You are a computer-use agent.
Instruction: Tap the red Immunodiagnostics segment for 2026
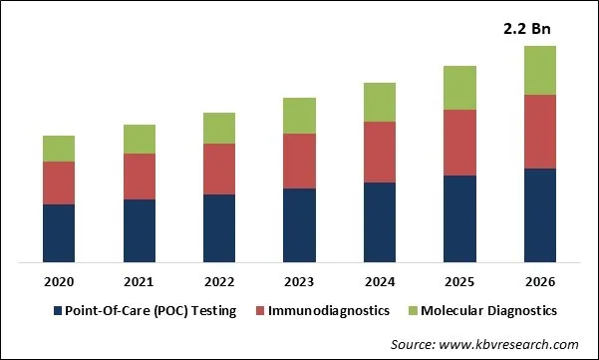539,132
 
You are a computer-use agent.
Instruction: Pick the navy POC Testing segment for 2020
59,233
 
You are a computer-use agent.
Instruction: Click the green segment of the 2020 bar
59,149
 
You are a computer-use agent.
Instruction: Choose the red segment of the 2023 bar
299,161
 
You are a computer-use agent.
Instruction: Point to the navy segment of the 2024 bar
380,222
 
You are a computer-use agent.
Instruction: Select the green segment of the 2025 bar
459,88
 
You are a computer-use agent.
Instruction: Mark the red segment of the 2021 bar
139,177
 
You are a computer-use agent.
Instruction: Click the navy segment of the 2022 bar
219,228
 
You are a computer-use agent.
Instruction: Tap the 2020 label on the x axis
59,283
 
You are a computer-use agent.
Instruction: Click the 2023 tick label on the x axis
299,283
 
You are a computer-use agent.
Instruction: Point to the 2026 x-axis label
539,283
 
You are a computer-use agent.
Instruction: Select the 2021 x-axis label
139,283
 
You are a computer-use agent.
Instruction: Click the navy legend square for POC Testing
58,311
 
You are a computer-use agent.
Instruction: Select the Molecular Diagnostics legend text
487,311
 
